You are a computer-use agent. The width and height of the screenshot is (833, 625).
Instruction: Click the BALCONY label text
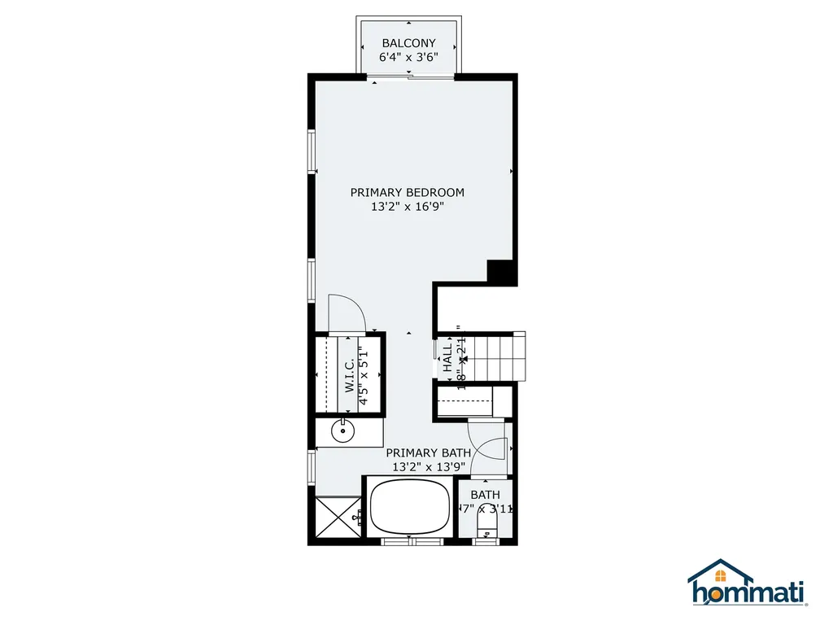(408, 43)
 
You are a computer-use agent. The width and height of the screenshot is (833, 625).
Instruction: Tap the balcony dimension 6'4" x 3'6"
(408, 58)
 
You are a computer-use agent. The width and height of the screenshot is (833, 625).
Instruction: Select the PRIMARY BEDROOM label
(407, 192)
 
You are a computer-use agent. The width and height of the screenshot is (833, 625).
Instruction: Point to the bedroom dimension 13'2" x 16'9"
(407, 207)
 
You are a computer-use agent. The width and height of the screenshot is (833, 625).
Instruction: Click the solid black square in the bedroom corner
(499, 272)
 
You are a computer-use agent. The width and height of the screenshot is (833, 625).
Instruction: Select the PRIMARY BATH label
(428, 452)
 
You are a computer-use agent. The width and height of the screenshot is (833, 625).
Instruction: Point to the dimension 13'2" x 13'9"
(428, 467)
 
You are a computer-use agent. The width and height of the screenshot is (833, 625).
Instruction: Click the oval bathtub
(410, 505)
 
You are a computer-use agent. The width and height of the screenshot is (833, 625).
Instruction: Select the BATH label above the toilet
(485, 495)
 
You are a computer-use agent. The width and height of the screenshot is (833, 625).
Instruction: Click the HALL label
(447, 358)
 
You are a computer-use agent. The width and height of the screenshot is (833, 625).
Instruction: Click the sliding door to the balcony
(409, 77)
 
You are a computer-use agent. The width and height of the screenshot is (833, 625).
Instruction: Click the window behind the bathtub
(411, 540)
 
